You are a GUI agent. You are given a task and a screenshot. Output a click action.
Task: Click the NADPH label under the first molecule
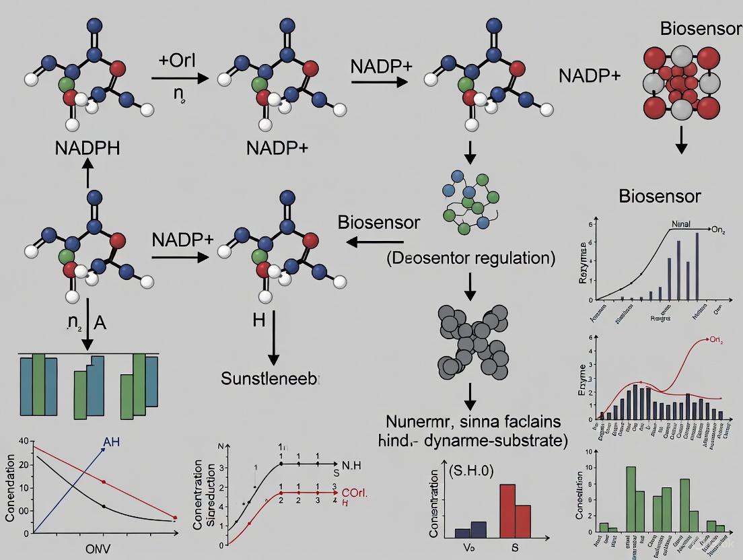(x=87, y=147)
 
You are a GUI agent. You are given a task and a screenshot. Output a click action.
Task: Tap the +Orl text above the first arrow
(x=177, y=59)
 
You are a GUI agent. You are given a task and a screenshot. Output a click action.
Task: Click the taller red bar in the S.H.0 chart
(x=507, y=511)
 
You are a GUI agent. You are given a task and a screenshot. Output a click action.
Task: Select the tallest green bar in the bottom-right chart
(x=631, y=499)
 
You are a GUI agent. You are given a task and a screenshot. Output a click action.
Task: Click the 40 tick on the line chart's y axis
(x=24, y=442)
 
